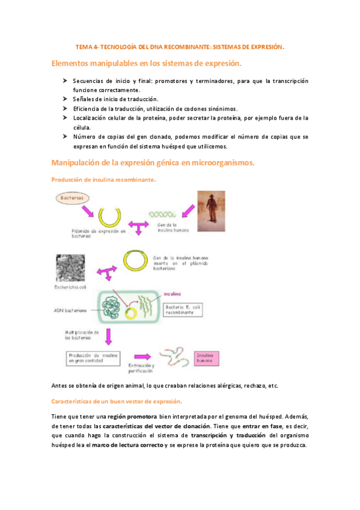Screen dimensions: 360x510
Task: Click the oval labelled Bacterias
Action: point(72,197)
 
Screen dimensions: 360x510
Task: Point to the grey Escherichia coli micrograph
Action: point(72,263)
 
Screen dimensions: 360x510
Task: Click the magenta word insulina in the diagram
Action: point(172,295)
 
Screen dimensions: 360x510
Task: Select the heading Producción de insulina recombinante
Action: point(104,180)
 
